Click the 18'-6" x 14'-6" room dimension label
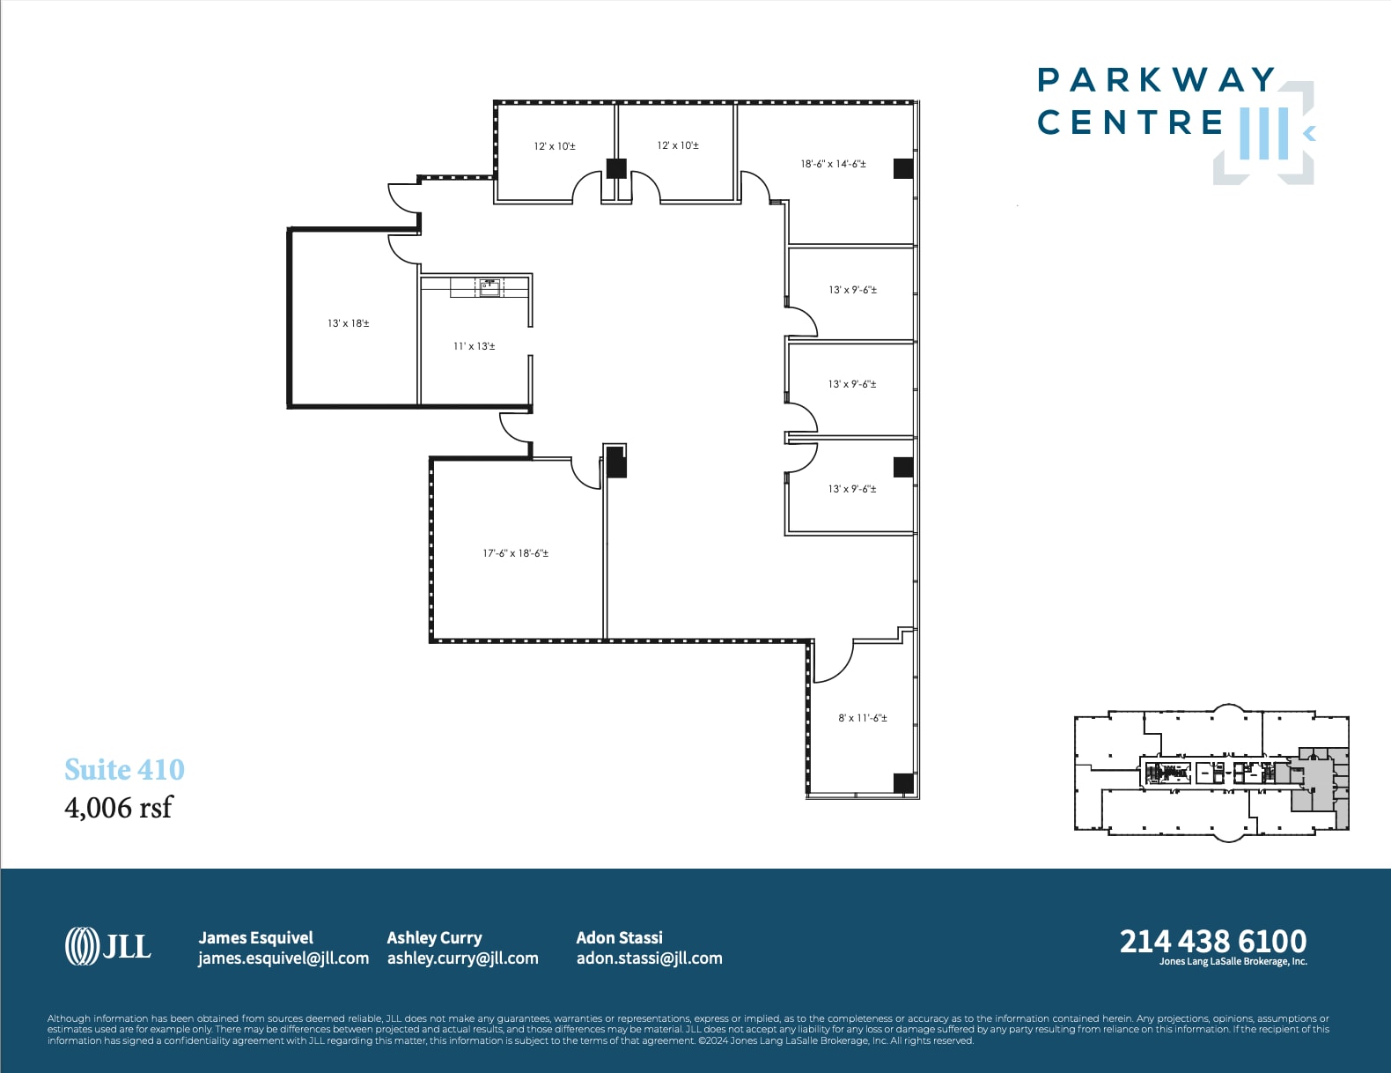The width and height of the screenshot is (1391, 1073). (833, 164)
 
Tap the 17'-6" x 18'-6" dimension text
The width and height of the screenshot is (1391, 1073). (515, 553)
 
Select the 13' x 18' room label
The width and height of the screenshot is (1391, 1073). (348, 323)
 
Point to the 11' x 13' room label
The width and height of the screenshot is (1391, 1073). (474, 346)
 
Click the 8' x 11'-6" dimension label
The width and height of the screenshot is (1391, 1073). (862, 718)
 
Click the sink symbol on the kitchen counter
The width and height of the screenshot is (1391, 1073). (489, 286)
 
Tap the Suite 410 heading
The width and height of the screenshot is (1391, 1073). (124, 769)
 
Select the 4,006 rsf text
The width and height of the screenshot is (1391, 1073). (118, 807)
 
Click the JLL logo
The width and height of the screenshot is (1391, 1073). (108, 946)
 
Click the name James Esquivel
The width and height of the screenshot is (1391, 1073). (255, 937)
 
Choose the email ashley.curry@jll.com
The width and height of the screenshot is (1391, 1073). (462, 958)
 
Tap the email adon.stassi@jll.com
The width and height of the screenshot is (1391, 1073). (649, 958)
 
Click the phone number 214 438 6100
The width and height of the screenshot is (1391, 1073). (1212, 941)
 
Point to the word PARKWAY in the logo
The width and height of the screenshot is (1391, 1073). (1156, 79)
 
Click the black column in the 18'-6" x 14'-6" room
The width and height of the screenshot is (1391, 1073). (903, 168)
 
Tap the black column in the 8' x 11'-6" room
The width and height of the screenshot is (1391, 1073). (903, 782)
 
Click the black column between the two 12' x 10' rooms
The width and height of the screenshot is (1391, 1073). (616, 168)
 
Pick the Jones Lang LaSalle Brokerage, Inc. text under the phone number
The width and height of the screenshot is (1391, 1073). (1233, 961)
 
